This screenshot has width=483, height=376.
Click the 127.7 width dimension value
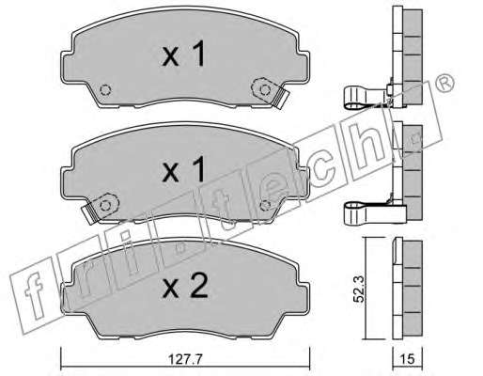click(x=185, y=359)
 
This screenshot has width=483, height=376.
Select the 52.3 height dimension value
click(x=359, y=289)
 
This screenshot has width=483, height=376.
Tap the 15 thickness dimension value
click(x=407, y=359)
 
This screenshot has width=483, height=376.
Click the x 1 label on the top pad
click(x=184, y=54)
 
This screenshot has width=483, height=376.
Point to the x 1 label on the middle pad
click(x=184, y=169)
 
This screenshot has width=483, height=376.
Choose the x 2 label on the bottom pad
click(x=185, y=286)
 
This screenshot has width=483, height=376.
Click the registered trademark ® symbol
click(x=445, y=83)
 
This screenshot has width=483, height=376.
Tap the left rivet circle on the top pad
click(x=105, y=90)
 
